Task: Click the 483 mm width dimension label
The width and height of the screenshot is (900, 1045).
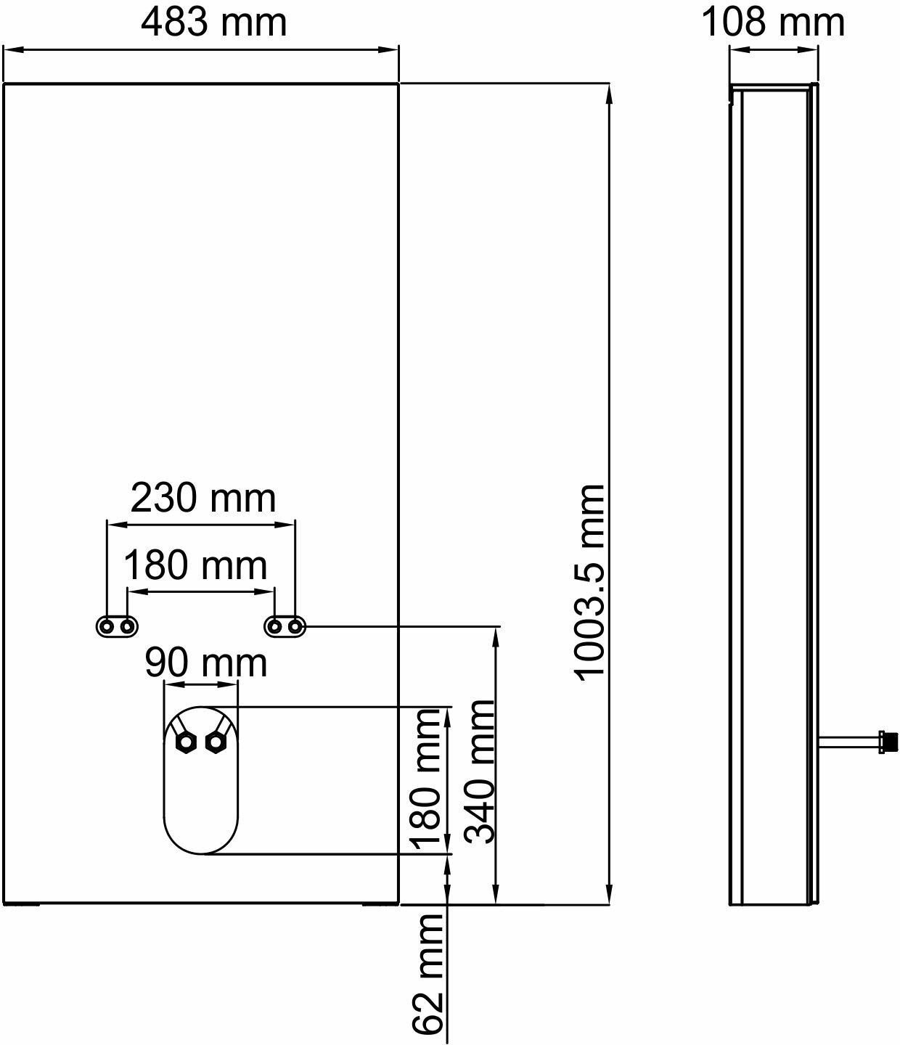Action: point(214,22)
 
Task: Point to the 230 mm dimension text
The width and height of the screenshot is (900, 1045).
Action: point(203,499)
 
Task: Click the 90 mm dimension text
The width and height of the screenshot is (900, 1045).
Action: point(205,663)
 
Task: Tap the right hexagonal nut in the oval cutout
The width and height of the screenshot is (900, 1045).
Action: point(216,742)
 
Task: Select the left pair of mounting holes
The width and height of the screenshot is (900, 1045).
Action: point(117,626)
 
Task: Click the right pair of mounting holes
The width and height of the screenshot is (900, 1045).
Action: point(285,626)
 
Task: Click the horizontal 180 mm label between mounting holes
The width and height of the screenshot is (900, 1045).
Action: point(195,565)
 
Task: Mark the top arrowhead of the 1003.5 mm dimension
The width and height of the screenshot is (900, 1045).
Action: point(608,91)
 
